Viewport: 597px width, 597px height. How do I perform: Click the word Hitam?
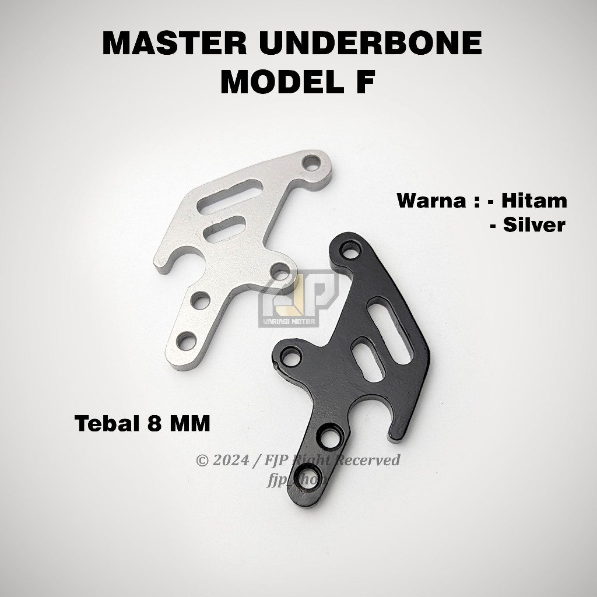coord(535,201)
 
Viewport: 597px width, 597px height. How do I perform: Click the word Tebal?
coord(106,423)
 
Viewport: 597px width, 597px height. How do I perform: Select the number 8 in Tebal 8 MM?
coord(156,423)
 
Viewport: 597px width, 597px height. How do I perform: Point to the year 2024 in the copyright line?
coord(230,461)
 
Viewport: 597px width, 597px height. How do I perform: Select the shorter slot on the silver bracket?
coord(224,227)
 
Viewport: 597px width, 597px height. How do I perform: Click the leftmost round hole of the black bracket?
coord(288,356)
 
